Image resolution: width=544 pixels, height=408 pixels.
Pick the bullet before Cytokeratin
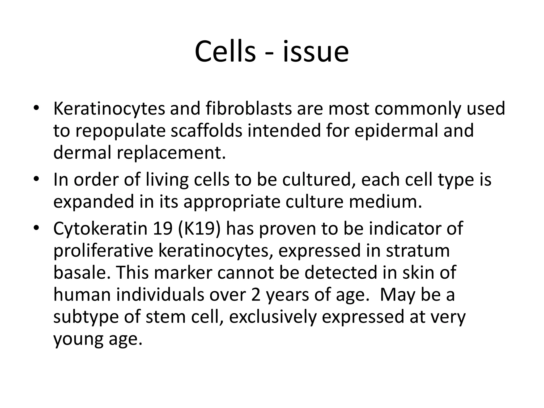click(36, 228)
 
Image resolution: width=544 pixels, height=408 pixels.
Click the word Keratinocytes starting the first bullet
click(109, 109)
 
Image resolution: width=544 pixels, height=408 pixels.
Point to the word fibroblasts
click(248, 109)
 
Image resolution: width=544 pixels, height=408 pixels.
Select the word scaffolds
click(206, 131)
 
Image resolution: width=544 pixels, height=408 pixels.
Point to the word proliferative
click(103, 251)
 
